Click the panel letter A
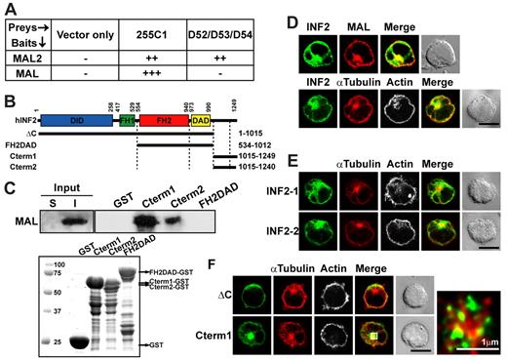coord(8,9)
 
